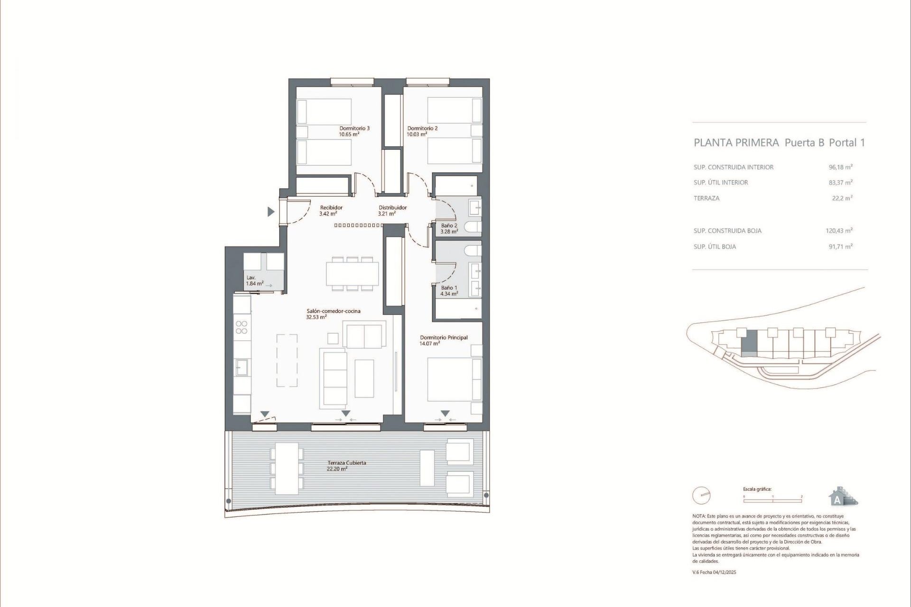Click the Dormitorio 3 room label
click(354, 128)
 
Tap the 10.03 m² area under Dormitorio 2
click(417, 134)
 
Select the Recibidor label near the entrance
click(331, 208)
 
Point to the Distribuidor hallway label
click(392, 208)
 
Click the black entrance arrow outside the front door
click(271, 212)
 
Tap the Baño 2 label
click(449, 226)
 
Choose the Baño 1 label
click(449, 288)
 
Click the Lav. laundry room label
click(251, 278)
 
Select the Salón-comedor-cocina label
click(333, 311)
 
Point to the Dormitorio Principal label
click(444, 338)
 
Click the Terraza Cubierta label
click(346, 463)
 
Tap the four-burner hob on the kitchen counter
click(242, 327)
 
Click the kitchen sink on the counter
click(242, 368)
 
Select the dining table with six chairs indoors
click(352, 274)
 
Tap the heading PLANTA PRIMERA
click(736, 143)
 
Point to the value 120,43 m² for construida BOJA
click(838, 231)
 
